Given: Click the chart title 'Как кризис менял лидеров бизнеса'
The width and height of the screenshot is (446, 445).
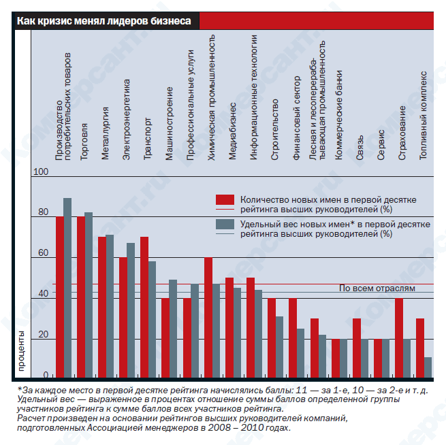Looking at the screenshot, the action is pos(103,21).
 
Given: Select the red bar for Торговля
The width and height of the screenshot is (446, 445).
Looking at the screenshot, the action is pos(81,297).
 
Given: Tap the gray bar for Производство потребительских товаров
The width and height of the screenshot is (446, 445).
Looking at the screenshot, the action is pos(67,288).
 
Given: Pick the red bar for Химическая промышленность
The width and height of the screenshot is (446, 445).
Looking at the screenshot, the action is pos(208,317).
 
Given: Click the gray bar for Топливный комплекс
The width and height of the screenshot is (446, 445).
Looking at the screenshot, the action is pos(428,367).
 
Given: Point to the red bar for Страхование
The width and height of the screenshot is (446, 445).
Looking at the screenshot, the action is pos(399,338).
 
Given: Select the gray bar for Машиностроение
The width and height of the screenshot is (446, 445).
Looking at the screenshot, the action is pos(173,329).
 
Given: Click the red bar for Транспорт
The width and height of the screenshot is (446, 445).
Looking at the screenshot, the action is pos(144,307).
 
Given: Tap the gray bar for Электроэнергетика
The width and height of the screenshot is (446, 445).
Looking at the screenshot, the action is pos(131,310).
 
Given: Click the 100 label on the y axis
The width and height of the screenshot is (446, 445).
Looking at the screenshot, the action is pos(41,171).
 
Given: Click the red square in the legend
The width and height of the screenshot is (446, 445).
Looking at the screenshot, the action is pos(225,199).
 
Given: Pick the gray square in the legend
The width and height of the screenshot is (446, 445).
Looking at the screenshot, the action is pos(225,224).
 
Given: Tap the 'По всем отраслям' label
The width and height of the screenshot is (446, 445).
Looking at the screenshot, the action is pos(377,289).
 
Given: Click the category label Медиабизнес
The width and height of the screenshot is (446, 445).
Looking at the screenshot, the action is pos(232,131).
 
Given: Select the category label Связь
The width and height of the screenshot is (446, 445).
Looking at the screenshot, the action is pos(360,148).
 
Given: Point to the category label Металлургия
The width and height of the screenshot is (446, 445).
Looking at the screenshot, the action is pos(106,133).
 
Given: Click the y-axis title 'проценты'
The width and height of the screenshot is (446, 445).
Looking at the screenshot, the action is pos(21,351).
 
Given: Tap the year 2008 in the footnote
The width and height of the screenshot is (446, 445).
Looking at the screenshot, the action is pos(219,428).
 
